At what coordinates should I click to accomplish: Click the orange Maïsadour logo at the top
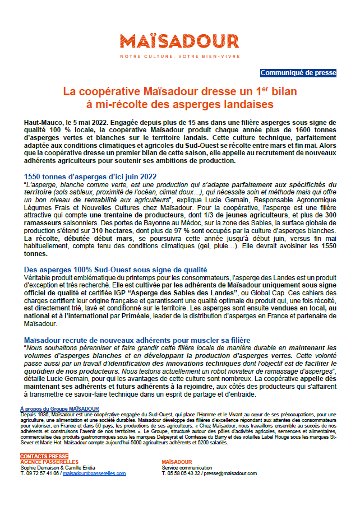pos(179,41)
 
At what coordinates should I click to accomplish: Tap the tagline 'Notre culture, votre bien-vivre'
pos(179,57)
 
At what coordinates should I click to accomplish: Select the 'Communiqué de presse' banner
pos(298,73)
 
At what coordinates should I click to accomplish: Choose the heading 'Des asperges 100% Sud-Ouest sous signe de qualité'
pos(116,270)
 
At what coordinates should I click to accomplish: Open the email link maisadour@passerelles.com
pos(94,473)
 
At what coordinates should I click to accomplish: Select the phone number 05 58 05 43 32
pos(187,473)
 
